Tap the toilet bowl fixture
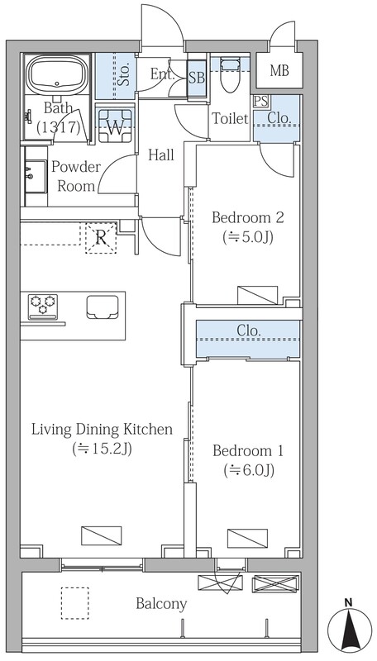coord(230,76)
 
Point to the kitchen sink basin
coord(103,307)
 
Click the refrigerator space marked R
coord(101,238)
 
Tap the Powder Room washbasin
coord(36,176)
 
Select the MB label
coord(279,71)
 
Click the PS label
coord(260,101)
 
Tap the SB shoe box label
coord(197,78)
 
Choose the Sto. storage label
coord(124,76)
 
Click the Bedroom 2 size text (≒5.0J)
coord(248,238)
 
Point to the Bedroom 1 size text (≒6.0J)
coord(249,470)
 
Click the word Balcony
coord(161,604)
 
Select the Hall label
coord(161,155)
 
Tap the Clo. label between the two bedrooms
coord(248,331)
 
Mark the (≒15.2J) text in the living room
coord(102,449)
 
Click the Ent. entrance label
coord(163,74)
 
